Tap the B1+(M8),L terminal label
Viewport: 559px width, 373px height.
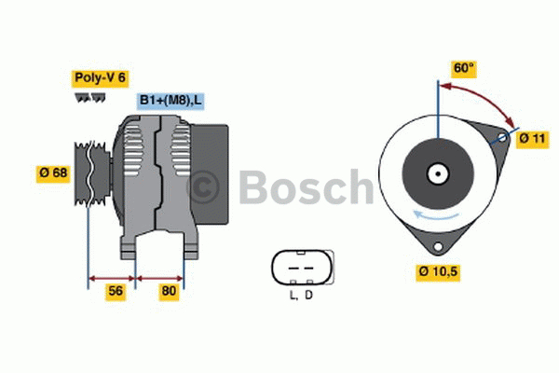171,101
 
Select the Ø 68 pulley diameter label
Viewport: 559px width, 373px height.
53,173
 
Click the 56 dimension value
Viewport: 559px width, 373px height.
116,291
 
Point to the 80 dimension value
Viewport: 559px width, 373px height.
169,291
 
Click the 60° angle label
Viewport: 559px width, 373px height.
463,67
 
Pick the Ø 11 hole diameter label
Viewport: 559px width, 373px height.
532,138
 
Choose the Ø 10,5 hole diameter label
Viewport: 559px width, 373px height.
439,272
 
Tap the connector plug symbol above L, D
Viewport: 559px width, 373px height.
301,268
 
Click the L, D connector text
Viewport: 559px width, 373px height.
300,296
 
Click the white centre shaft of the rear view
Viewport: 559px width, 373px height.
436,173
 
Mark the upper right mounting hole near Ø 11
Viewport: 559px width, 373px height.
502,138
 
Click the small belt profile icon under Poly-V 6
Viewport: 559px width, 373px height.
89,98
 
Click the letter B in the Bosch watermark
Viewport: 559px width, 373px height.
255,187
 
